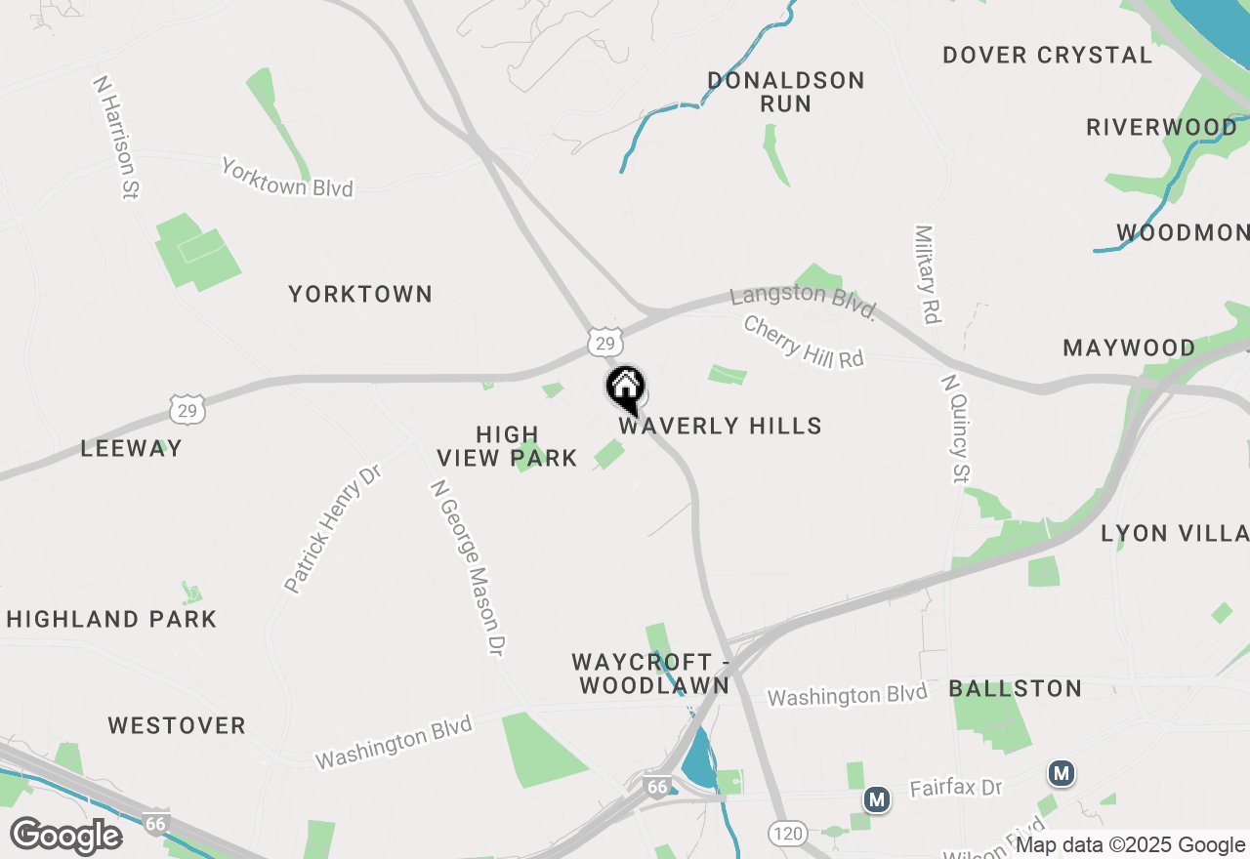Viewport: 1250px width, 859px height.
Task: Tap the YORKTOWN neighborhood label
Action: tap(360, 294)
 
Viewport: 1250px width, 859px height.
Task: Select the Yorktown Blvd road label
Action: tap(286, 177)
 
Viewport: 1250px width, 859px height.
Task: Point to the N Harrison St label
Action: tap(114, 138)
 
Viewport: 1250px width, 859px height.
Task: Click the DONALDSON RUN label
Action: tap(786, 92)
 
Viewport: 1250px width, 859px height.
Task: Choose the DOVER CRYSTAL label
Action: tap(1047, 56)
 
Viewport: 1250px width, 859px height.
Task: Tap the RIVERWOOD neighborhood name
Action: tap(1161, 128)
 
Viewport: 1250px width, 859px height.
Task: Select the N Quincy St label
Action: tap(955, 428)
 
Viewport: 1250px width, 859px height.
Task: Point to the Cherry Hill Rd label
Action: tap(804, 342)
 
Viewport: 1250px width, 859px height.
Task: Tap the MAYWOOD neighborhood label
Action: tap(1129, 348)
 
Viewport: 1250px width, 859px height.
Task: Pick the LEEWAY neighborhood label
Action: tap(131, 449)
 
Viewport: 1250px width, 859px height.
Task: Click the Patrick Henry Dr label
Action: tap(332, 528)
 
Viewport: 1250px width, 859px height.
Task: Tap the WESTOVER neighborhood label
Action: tap(177, 725)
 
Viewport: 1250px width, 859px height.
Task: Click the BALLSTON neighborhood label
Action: tap(1016, 689)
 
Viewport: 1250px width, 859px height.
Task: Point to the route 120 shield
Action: tap(786, 833)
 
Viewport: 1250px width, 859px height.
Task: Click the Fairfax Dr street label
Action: tap(957, 788)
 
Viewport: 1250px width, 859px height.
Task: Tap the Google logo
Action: tap(66, 837)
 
